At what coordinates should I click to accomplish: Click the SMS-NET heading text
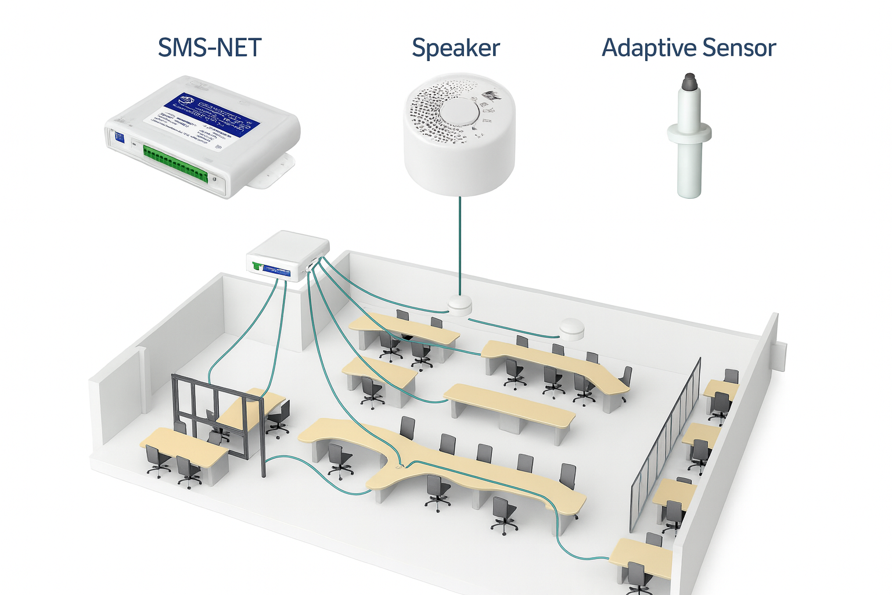pos(210,48)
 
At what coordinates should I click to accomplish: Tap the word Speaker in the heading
pos(456,48)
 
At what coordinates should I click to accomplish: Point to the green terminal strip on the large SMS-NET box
pos(175,163)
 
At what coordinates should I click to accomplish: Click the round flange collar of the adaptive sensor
pos(689,132)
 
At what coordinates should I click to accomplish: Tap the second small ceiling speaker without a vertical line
pos(571,329)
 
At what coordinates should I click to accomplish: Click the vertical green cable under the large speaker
pos(460,244)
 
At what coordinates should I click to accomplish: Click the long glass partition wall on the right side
pos(668,442)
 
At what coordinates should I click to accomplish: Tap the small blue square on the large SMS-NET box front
pos(118,138)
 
